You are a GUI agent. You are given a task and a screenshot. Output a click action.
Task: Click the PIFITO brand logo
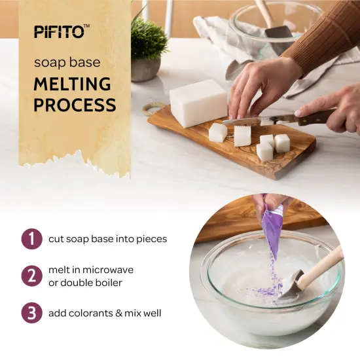pos(61,30)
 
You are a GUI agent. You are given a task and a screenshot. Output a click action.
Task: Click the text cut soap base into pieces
pos(108,239)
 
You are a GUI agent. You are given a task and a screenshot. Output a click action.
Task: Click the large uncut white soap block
pos(198,103)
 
